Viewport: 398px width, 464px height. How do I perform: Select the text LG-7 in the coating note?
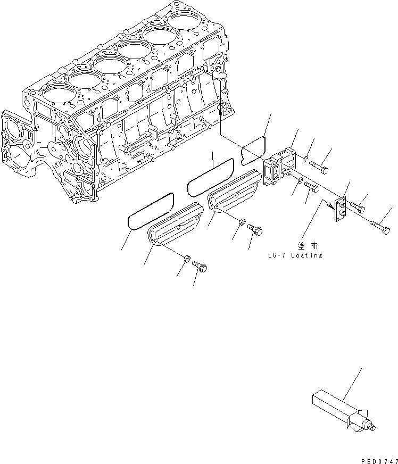(x=277, y=255)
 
